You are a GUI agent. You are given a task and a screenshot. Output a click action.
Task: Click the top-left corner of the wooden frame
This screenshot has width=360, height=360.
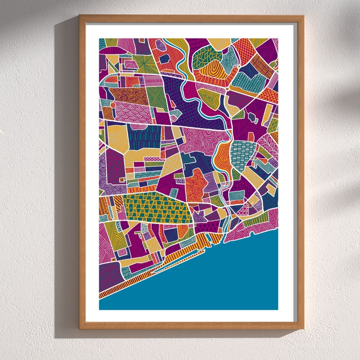80,16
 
